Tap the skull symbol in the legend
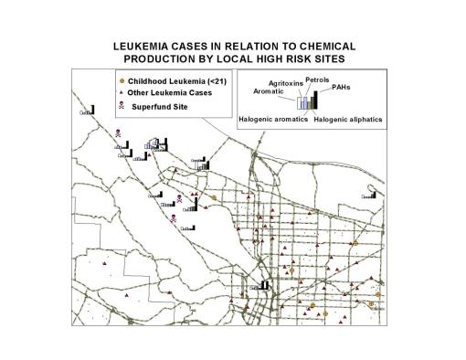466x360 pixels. coord(122,108)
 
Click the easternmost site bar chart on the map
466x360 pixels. coord(370,194)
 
